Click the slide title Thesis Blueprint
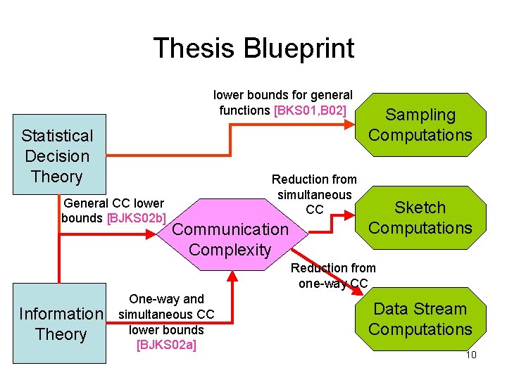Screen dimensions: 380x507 click(x=254, y=49)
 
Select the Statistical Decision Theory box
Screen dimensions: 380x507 click(x=57, y=156)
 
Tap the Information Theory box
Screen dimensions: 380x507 click(x=61, y=324)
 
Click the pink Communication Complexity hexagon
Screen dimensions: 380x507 click(x=230, y=239)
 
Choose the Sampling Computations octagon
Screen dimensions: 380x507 click(x=420, y=125)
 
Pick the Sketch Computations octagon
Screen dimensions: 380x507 click(x=420, y=217)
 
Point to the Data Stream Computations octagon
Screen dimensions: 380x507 click(x=420, y=319)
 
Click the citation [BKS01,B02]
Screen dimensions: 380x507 click(x=310, y=110)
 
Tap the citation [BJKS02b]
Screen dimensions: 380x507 click(x=137, y=217)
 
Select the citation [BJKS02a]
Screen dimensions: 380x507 click(x=166, y=344)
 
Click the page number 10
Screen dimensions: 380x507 click(x=471, y=355)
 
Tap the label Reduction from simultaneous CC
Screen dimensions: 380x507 click(x=314, y=194)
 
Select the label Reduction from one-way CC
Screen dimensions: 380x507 click(x=333, y=275)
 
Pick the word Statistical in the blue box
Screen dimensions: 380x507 click(x=57, y=136)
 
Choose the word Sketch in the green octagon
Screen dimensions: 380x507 click(x=420, y=208)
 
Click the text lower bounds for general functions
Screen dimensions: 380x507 click(x=282, y=102)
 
